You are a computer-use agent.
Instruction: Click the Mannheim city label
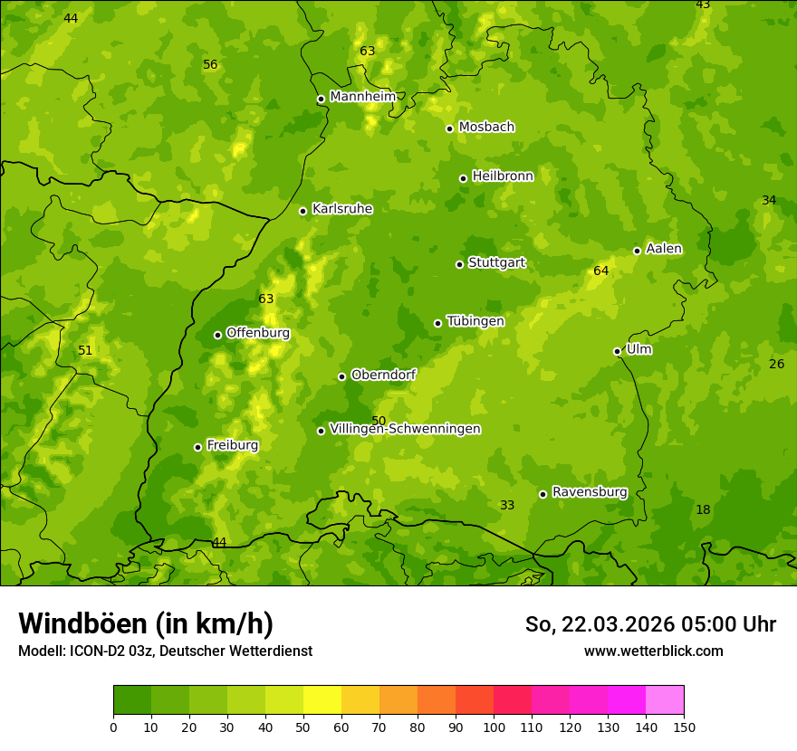tap(362, 97)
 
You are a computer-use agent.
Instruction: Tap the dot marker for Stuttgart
tap(459, 264)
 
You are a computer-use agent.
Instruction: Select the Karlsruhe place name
tap(341, 209)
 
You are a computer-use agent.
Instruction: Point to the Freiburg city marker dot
tap(197, 447)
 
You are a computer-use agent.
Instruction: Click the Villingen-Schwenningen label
tap(405, 429)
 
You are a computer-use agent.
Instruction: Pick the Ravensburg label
tap(589, 492)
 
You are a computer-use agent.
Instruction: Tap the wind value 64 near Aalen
tap(600, 271)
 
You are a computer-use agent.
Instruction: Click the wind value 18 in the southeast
tap(703, 509)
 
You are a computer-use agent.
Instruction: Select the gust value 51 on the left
tap(85, 350)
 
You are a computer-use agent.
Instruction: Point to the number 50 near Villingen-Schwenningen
tap(379, 421)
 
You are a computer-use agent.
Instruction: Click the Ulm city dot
tap(617, 351)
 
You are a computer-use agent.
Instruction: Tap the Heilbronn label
tap(503, 176)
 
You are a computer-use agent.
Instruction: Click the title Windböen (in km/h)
tap(146, 623)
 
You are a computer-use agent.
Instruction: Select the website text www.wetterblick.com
tap(653, 651)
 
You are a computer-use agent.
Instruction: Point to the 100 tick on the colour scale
tap(494, 727)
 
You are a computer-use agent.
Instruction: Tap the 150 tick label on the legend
tap(684, 727)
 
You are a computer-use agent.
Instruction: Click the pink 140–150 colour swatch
tap(665, 700)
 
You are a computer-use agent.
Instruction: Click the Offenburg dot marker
tap(217, 335)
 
